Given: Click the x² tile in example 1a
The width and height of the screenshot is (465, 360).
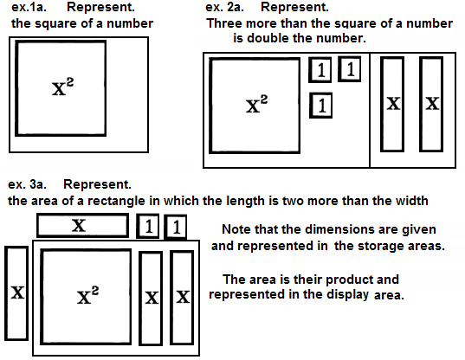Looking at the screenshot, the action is (61, 88).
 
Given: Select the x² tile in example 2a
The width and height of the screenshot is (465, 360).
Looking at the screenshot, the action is (255, 106).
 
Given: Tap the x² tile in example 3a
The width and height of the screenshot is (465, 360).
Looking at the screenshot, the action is (86, 297).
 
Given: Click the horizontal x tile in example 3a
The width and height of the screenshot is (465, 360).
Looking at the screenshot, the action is (83, 226).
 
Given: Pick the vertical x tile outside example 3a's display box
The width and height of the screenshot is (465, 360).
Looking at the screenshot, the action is (16, 293).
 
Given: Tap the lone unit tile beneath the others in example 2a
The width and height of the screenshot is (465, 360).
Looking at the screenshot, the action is (320, 106).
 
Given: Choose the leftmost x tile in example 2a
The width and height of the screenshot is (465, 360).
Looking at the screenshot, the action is (392, 105).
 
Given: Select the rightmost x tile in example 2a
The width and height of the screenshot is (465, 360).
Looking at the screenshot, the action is (431, 105).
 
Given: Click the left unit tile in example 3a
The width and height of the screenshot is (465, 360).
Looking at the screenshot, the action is (148, 226).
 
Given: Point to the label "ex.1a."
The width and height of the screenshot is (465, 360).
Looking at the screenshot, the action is (29, 7).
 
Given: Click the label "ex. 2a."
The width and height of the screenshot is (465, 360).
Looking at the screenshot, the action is (224, 7).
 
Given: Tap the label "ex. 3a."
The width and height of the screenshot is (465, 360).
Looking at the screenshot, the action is (27, 184).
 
